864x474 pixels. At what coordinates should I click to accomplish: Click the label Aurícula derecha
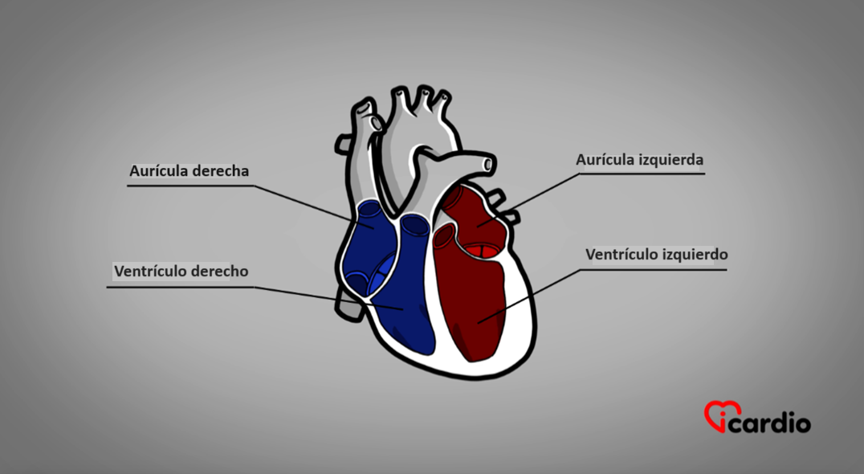click(x=189, y=171)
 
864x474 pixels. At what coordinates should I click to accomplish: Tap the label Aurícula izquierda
click(x=640, y=160)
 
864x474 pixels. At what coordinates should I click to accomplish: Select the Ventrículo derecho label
click(x=181, y=272)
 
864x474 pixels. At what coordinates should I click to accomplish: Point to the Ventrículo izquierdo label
click(x=656, y=255)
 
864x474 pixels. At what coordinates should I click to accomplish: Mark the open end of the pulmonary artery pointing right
click(x=488, y=164)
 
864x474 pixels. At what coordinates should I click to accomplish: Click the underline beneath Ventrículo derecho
click(x=180, y=287)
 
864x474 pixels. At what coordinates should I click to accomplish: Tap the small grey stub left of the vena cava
click(x=342, y=144)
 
